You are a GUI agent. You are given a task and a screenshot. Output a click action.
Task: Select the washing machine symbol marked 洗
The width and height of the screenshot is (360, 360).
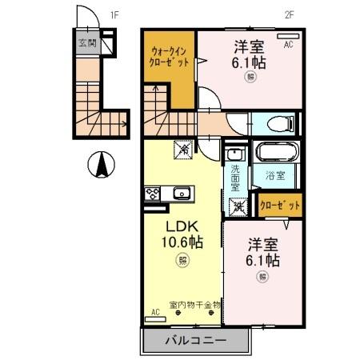238,206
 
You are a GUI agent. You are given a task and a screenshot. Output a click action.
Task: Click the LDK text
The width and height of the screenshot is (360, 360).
182,225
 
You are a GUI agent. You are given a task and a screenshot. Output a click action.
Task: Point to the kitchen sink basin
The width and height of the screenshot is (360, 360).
181,192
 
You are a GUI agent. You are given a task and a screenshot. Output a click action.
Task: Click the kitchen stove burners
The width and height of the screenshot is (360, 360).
152,193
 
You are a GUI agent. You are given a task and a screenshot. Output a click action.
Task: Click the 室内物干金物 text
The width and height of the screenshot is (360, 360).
194,305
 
